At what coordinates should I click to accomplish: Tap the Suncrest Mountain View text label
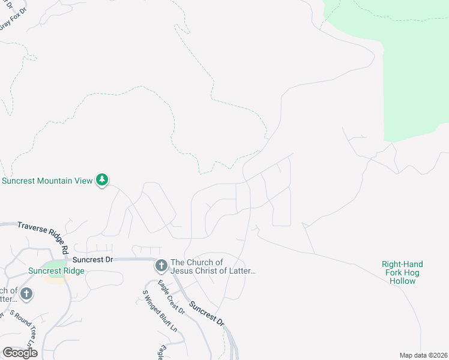coord(47,180)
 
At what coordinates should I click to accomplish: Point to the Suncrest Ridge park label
coord(56,271)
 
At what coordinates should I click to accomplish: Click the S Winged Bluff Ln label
coord(159,311)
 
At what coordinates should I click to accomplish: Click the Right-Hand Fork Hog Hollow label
coord(402,272)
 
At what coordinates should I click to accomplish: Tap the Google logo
coord(20,353)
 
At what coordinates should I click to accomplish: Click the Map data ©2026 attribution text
coord(423,355)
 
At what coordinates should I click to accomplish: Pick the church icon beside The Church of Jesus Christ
coord(161,265)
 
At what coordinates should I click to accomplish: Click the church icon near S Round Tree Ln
coord(25,294)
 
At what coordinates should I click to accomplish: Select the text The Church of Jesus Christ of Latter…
coord(213,266)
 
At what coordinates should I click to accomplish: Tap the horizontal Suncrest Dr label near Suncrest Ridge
coord(92,260)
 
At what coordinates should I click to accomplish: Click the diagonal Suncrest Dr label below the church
coord(206,313)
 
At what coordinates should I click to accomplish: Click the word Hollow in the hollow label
coord(402,281)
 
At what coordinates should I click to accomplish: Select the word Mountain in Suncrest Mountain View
coord(56,180)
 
